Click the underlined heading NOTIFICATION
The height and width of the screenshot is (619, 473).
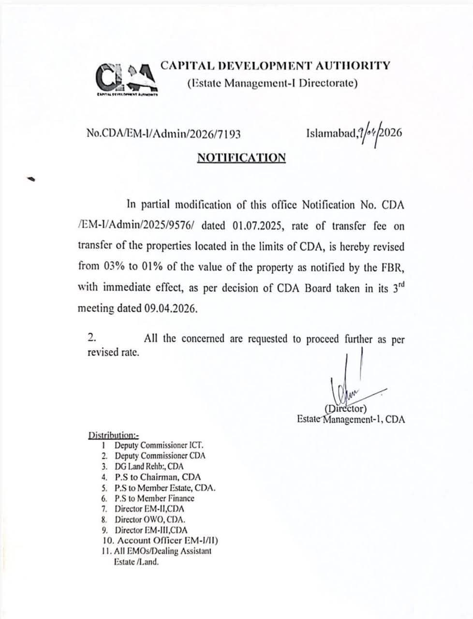241,158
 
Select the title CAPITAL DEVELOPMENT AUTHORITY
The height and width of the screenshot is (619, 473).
275,65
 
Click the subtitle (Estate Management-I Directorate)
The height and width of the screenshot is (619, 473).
272,83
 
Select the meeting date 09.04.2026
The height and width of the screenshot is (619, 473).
171,309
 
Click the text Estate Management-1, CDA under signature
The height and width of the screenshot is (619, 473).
351,419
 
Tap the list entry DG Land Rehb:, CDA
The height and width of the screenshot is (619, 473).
149,467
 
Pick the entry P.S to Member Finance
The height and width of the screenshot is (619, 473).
154,498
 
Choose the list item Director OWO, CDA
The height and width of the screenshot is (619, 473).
150,519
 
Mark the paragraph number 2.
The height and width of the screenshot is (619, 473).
91,338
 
